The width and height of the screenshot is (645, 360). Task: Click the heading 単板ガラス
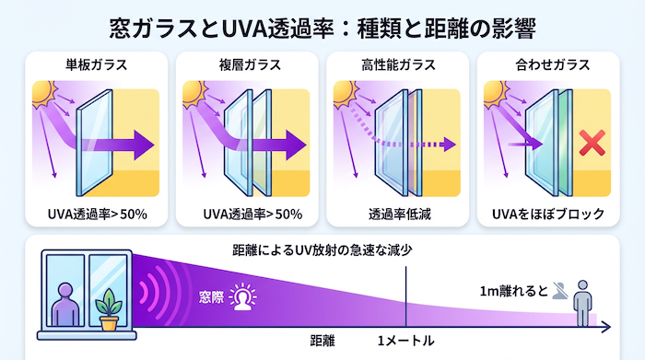coord(96,65)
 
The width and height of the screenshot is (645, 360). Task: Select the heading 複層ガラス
coord(246,65)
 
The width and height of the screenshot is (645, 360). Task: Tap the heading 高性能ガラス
coord(397,65)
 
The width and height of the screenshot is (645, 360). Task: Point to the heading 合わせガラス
coord(547,65)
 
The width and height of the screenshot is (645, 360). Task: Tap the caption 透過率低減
coord(397,215)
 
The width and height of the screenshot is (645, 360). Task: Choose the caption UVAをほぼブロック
coord(547,215)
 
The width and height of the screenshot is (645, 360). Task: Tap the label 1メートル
coord(405,341)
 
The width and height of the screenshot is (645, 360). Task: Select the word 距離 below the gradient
coord(322,341)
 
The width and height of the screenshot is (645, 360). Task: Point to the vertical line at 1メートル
coord(405,295)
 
